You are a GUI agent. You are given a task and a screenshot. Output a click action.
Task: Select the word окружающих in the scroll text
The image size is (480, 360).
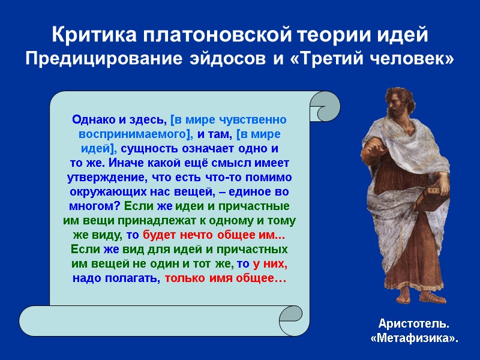click(101, 191)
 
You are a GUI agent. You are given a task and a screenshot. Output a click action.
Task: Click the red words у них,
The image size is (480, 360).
click(270, 264)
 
